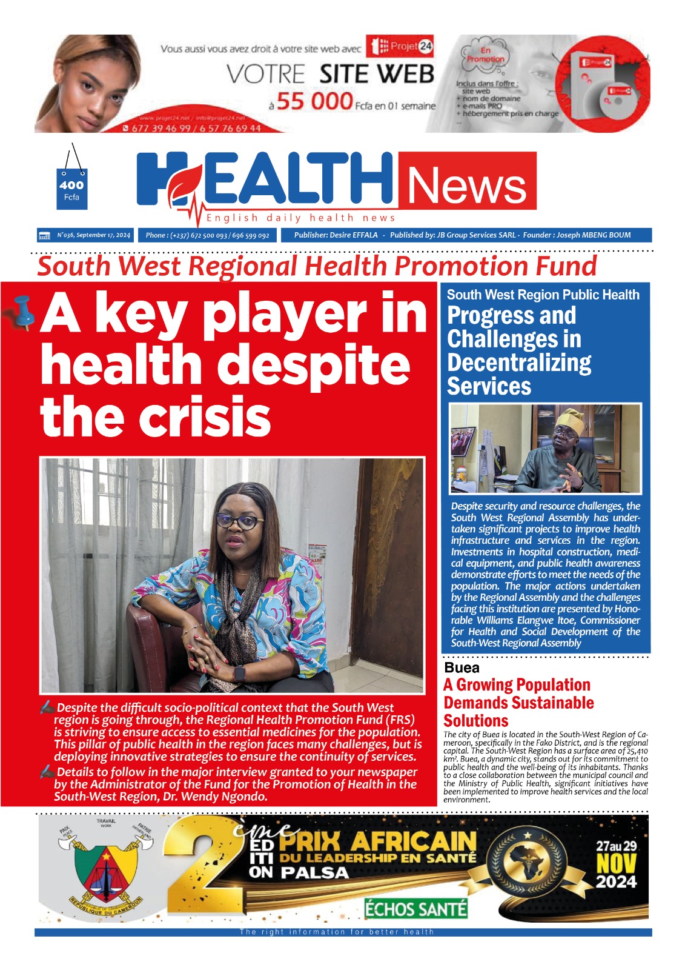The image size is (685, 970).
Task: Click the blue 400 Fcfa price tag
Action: pyautogui.click(x=71, y=189)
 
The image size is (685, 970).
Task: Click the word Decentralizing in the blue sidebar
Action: pyautogui.click(x=519, y=363)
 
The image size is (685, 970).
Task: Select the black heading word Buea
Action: pyautogui.click(x=462, y=667)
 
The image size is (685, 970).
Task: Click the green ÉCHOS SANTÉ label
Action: pyautogui.click(x=415, y=909)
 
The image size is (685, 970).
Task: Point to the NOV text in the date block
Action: pyautogui.click(x=616, y=863)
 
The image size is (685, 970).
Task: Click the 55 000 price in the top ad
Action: pyautogui.click(x=314, y=101)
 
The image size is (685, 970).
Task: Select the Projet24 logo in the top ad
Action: pyautogui.click(x=403, y=46)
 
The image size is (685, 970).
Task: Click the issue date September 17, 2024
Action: pyautogui.click(x=103, y=235)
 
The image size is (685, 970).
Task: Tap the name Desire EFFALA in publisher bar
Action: pyautogui.click(x=354, y=235)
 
